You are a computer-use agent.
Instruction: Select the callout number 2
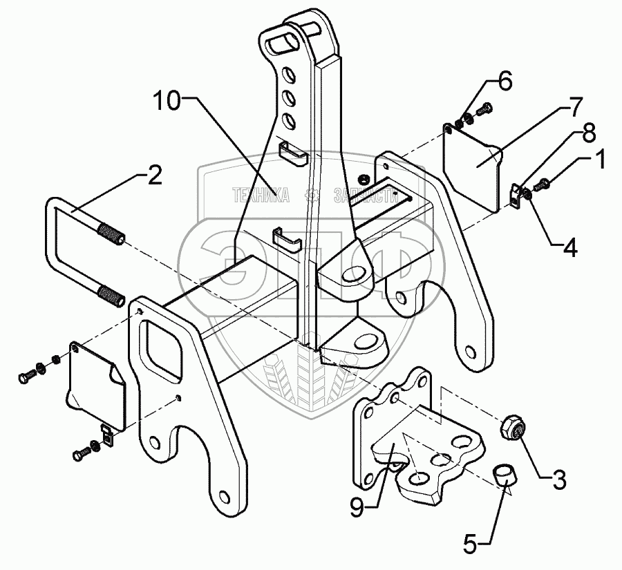pos(154,178)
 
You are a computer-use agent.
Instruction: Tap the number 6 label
pos(505,81)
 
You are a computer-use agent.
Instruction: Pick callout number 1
pos(599,160)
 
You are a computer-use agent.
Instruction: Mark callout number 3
pos(558,477)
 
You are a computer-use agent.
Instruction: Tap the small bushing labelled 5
pos(505,476)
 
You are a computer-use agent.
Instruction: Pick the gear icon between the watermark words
pos(312,195)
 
